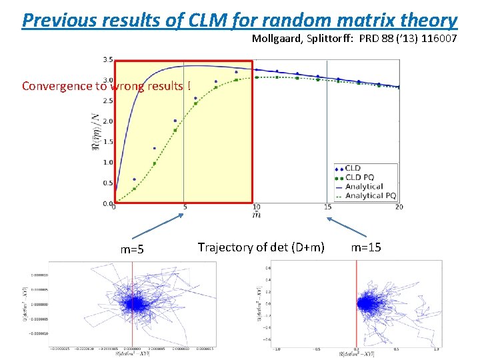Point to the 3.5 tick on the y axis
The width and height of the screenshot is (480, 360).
click(107, 60)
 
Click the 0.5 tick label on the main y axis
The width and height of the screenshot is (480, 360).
click(107, 183)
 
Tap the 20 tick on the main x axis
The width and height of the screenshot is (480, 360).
click(398, 207)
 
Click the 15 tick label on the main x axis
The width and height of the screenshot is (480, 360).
click(327, 207)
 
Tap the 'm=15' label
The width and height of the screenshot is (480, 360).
click(366, 247)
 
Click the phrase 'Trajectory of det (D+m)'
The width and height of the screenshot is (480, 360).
click(261, 247)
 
